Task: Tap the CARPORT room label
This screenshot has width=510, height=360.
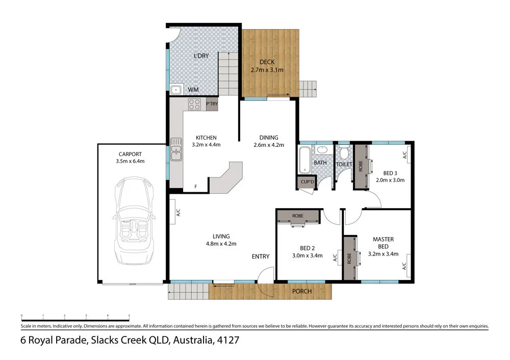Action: [131, 153]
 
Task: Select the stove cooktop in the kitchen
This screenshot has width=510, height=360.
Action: [194, 104]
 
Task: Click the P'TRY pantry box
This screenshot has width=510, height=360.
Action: [211, 104]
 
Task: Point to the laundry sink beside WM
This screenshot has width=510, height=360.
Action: [176, 90]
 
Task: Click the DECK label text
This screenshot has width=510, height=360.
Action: [266, 62]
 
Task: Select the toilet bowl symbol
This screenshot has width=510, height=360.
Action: [344, 153]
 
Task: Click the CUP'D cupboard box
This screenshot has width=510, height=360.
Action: [307, 182]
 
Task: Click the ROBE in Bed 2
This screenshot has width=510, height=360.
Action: [298, 216]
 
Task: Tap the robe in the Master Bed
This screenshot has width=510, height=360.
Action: [350, 258]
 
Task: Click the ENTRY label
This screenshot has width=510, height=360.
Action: [261, 256]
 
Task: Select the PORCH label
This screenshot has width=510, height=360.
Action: [301, 291]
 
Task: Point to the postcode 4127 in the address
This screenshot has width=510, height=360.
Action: [227, 340]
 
